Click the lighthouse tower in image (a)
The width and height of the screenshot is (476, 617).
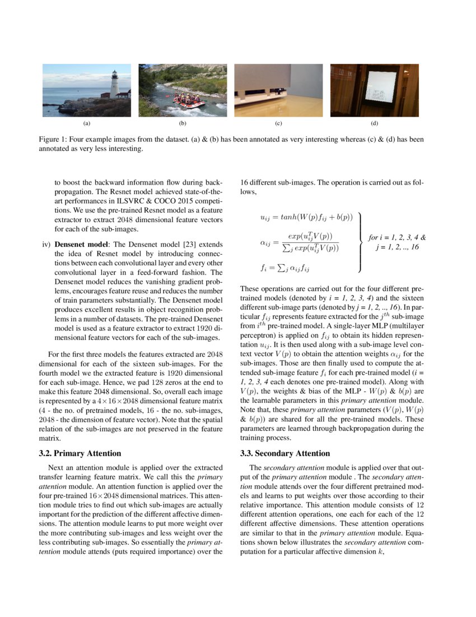114,85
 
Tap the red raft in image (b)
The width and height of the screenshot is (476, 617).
189,102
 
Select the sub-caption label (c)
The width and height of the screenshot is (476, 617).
278,122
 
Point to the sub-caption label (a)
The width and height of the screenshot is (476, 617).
87,122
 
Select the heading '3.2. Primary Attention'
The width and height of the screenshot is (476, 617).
84,453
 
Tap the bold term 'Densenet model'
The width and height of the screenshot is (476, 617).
81,245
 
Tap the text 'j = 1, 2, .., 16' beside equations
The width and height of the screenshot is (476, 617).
398,247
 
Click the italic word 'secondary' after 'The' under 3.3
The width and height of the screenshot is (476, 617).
279,467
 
